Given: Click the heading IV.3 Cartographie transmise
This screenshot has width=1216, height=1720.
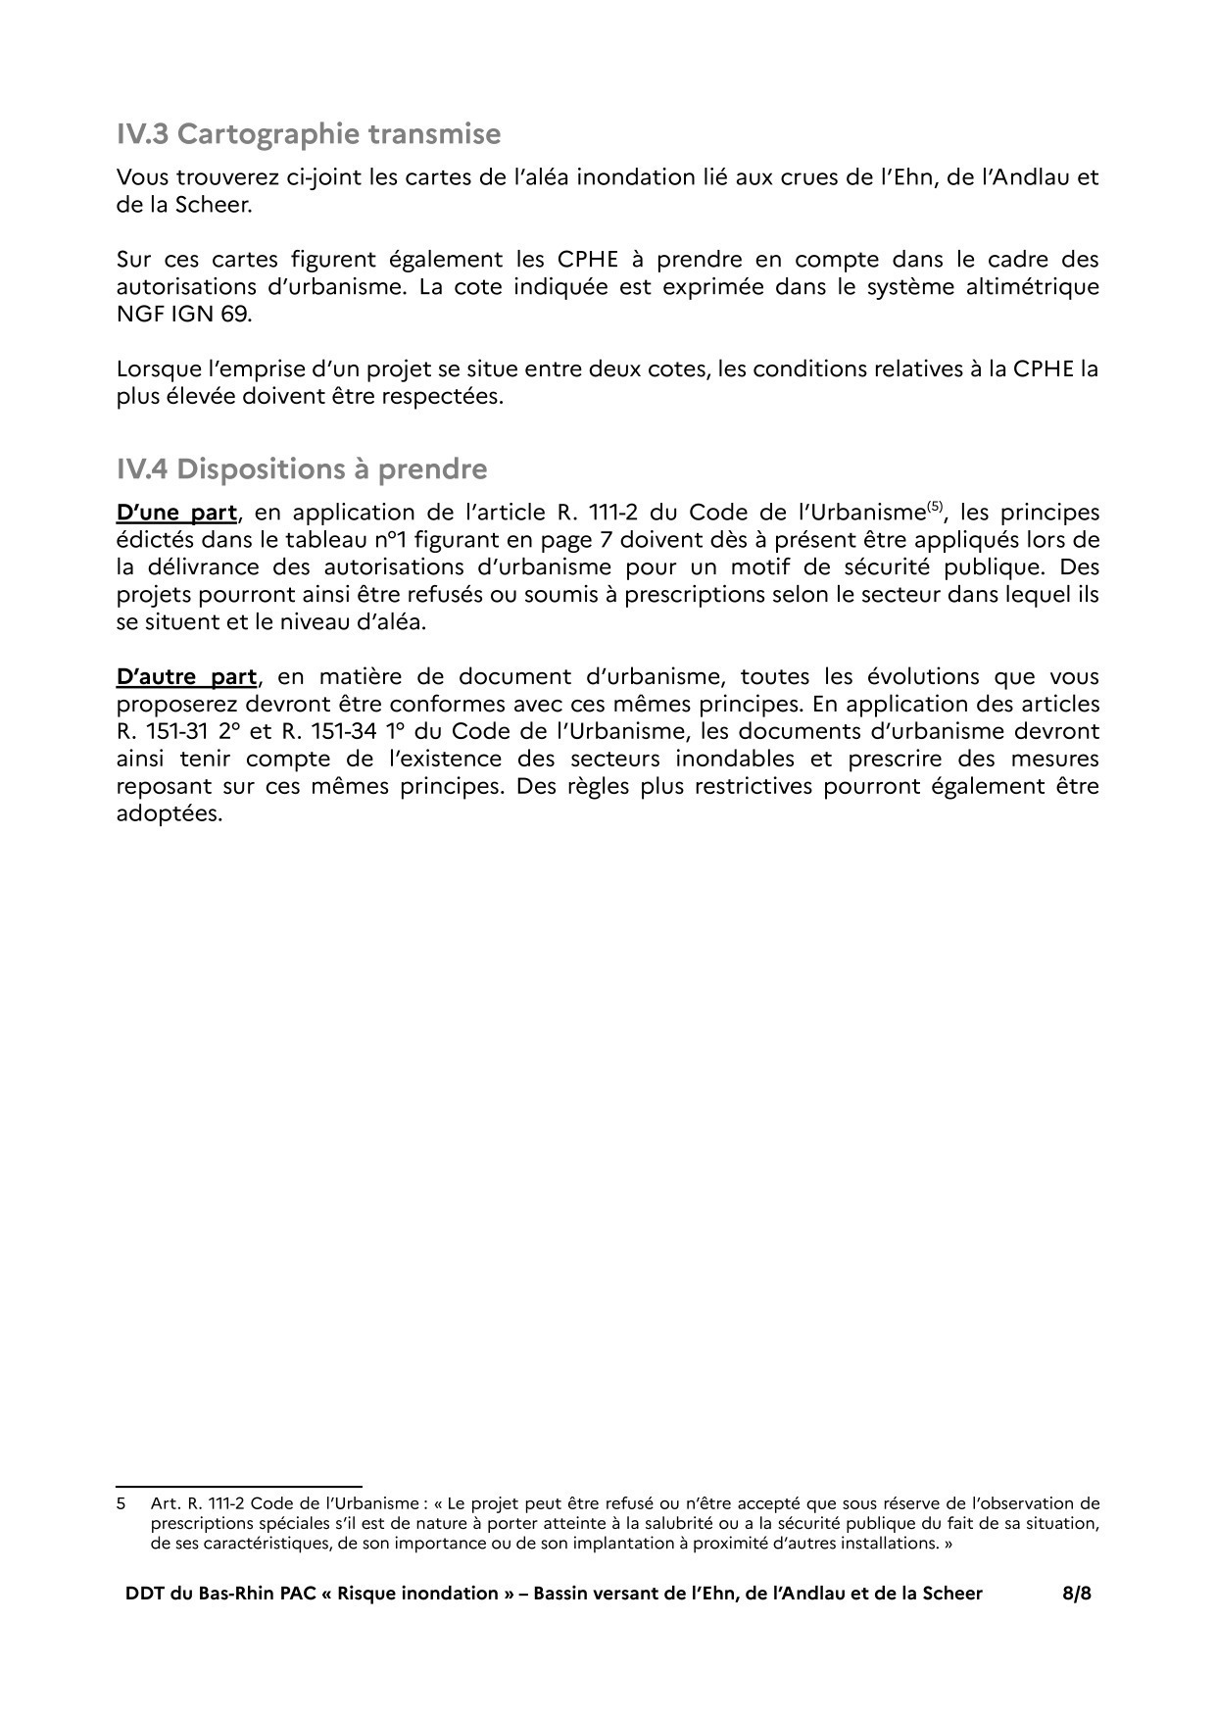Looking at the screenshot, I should pos(308,134).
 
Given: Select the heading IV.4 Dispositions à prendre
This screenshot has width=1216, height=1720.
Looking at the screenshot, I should pos(301,469).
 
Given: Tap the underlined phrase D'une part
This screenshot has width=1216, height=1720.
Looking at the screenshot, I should pos(176,513).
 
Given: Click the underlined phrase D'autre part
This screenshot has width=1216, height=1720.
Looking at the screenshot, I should pos(186,677).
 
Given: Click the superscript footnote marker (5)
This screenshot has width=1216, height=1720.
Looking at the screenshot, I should pos(936,507).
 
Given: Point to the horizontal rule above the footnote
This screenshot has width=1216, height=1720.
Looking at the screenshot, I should pos(239,1487).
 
